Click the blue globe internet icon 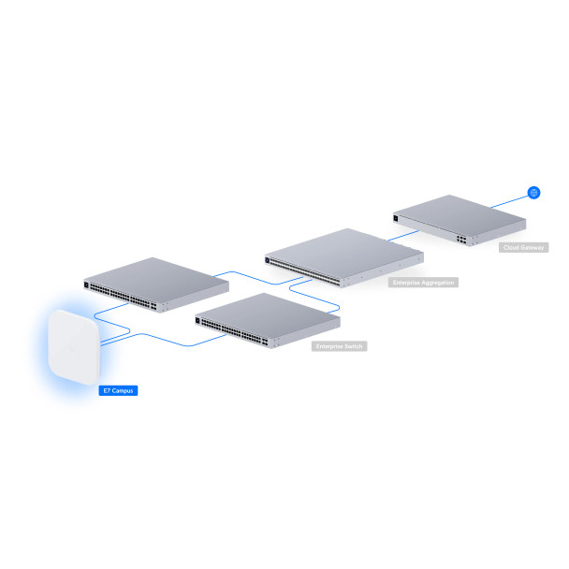(533, 193)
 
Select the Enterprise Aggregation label (423, 282)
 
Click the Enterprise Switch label (339, 345)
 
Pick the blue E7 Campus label (119, 389)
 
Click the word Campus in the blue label (125, 389)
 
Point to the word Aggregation (437, 282)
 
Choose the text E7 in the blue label (106, 389)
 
